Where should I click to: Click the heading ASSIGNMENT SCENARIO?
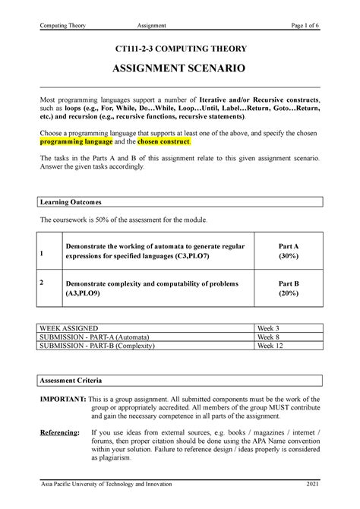tap(179, 73)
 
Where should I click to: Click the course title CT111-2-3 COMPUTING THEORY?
tap(179, 49)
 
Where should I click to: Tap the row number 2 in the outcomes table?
tap(42, 283)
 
